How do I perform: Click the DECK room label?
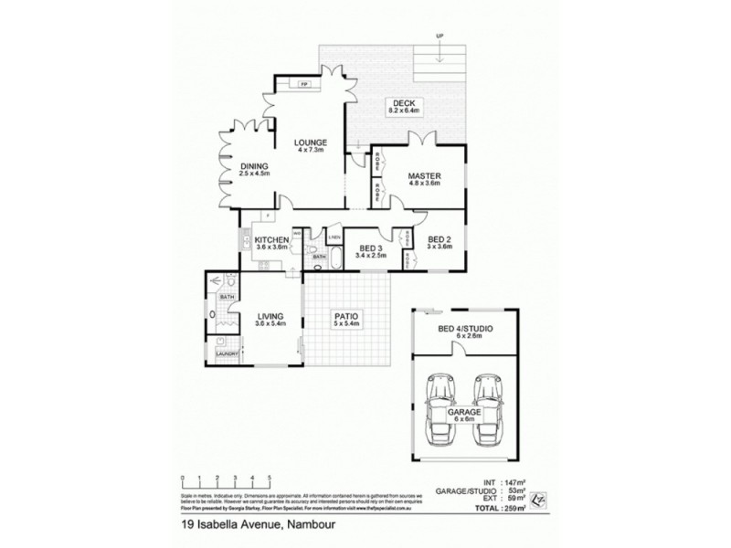405,102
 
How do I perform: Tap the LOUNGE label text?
311,143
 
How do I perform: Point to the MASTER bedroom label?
426,175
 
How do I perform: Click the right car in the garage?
490,400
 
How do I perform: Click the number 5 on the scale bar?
270,477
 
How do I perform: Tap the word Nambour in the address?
313,525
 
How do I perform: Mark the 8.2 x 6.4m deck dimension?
405,111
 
